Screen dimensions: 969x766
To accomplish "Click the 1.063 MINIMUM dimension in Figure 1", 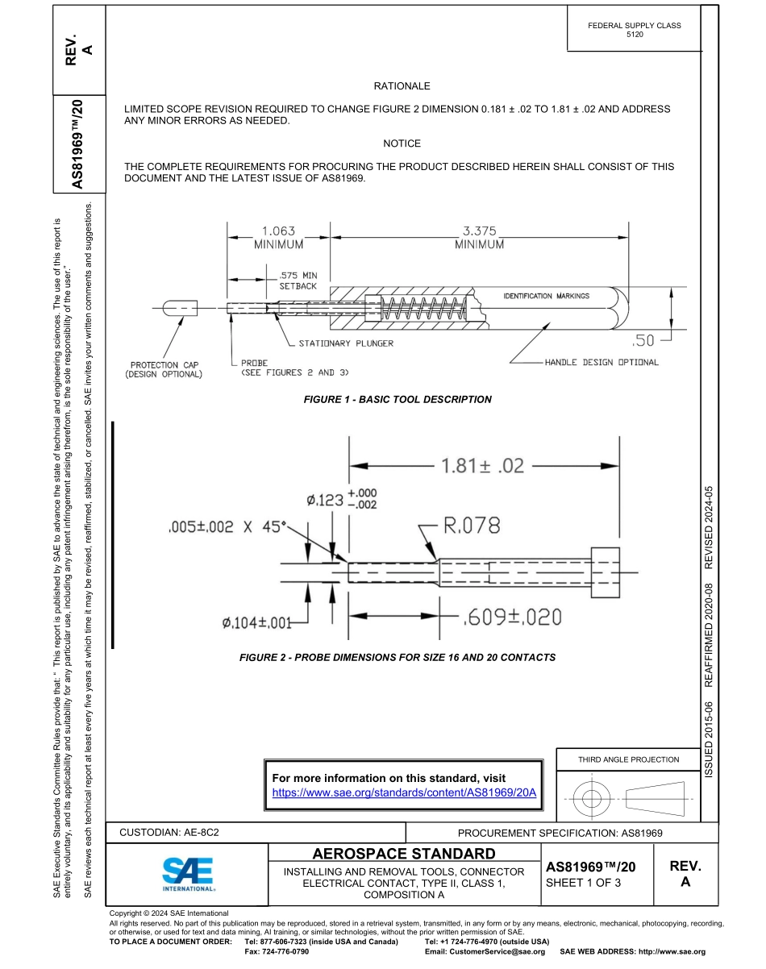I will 278,237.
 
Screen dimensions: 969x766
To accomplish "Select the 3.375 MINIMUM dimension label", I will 479,237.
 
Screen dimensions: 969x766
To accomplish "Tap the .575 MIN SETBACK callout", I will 298,281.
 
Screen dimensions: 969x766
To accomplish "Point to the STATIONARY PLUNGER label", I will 346,343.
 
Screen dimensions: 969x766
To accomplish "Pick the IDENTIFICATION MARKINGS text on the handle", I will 546,296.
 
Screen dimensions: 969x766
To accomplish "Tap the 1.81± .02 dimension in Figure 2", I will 481,466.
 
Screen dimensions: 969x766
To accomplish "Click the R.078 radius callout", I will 472,526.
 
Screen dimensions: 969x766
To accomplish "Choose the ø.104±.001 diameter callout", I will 256,623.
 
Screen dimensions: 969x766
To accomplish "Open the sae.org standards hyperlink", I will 404,792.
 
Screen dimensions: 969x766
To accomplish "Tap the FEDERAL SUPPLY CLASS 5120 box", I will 634,30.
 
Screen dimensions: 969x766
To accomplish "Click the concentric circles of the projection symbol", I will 592,799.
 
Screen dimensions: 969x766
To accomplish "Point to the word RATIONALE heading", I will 402,85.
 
